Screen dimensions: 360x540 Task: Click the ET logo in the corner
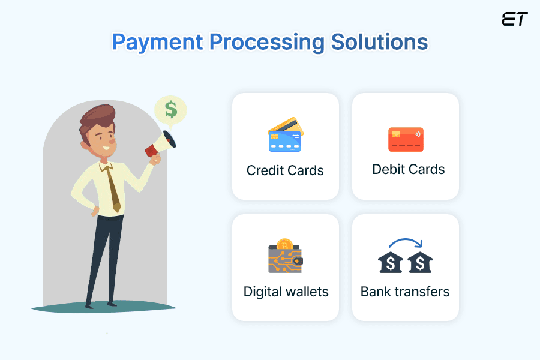click(514, 19)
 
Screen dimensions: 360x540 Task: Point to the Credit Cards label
click(285, 170)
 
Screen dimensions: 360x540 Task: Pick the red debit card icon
click(406, 139)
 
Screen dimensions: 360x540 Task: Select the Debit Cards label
click(409, 169)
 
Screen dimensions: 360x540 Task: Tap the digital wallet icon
click(285, 258)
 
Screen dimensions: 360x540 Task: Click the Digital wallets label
click(286, 292)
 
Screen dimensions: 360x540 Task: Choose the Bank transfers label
click(405, 292)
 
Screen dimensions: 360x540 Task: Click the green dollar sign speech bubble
click(171, 110)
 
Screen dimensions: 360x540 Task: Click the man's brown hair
click(96, 117)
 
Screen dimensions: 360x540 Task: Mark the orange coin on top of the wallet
click(284, 244)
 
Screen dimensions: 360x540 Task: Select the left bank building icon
click(391, 262)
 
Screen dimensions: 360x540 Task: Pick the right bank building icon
click(419, 262)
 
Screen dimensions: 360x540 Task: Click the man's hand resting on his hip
click(95, 211)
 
